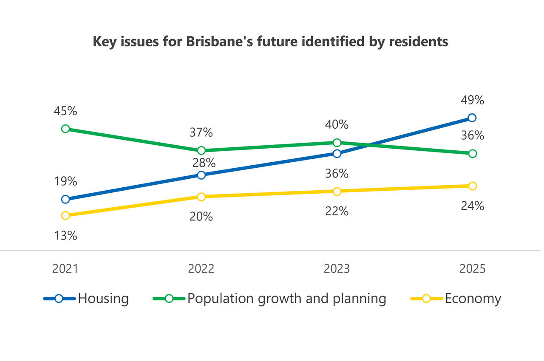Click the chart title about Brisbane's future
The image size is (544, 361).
pos(270,42)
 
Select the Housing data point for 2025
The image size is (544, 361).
pos(472,118)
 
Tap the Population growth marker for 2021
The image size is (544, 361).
pos(65,129)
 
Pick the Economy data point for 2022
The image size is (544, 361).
pos(201,197)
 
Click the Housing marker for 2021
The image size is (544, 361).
pos(65,199)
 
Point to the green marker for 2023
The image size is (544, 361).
pos(337,142)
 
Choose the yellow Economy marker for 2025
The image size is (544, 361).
pos(472,186)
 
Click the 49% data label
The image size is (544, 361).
pos(472,100)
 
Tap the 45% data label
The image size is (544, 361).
pos(65,111)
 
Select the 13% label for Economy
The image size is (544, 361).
pos(65,236)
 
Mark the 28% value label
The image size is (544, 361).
pos(201,163)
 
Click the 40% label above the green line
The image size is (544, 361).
pos(337,125)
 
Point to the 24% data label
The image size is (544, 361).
pos(472,206)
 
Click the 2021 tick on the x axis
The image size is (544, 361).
pos(65,269)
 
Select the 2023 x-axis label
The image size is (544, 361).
pos(337,269)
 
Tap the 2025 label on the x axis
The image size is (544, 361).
pos(472,269)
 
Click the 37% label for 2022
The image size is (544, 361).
pos(201,133)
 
